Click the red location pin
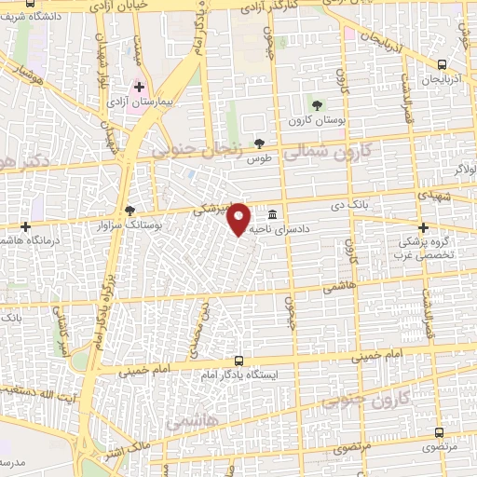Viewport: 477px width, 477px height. [239, 218]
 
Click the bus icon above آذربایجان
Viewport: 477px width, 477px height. [441, 64]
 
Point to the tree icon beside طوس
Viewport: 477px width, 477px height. [259, 143]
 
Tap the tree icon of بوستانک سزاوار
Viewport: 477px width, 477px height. [129, 211]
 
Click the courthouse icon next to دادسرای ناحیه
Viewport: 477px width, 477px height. [272, 212]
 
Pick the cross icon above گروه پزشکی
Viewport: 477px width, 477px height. [424, 228]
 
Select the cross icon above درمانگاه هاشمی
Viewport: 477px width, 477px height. [26, 226]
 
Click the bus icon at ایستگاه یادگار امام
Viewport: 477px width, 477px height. [239, 361]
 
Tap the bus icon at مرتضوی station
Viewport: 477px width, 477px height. [441, 433]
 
